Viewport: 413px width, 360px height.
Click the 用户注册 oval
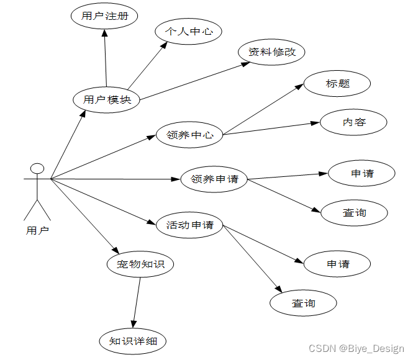click(x=104, y=16)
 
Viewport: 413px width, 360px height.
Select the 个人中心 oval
click(x=189, y=32)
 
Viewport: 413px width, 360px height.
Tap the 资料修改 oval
click(x=272, y=52)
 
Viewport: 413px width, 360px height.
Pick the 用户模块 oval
click(x=107, y=99)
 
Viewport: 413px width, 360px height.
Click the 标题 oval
click(x=337, y=84)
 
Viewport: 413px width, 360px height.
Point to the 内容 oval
click(x=354, y=122)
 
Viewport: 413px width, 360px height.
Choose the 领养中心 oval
click(x=190, y=134)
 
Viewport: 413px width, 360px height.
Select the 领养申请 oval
click(x=214, y=179)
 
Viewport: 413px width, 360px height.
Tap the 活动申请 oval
click(x=189, y=225)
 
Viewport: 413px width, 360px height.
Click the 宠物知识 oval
click(x=140, y=264)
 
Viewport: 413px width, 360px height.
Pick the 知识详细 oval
click(x=133, y=341)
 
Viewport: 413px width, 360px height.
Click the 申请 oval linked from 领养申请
click(x=361, y=173)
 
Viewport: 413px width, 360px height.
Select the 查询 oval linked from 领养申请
click(x=355, y=212)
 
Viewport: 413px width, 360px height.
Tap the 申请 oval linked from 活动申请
click(x=338, y=264)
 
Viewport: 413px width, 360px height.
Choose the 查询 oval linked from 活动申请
click(x=303, y=303)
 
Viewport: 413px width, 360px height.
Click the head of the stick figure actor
click(x=37, y=168)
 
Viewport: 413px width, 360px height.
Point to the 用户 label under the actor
click(x=37, y=230)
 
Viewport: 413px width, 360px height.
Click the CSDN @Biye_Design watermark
click(x=356, y=349)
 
